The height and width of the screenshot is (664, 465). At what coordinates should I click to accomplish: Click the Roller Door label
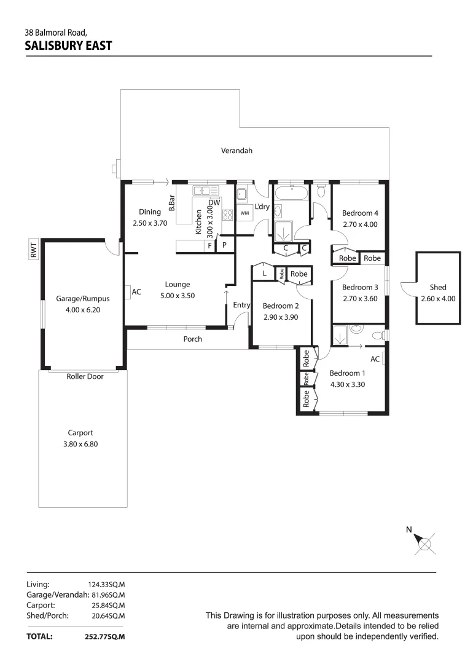(x=85, y=376)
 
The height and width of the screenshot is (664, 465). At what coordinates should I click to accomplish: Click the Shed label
(x=438, y=287)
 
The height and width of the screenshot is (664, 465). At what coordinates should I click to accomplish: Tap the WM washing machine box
(x=244, y=213)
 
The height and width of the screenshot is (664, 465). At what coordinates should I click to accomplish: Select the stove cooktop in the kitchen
(x=227, y=215)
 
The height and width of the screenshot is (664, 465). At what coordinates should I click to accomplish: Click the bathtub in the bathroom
(x=291, y=195)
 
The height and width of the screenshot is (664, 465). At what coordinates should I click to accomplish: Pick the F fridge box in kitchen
(x=210, y=246)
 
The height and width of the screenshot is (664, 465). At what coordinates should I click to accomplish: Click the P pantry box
(x=225, y=246)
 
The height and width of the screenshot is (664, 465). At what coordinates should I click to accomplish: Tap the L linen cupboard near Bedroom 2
(x=264, y=273)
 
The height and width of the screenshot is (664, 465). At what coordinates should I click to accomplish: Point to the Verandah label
(x=236, y=151)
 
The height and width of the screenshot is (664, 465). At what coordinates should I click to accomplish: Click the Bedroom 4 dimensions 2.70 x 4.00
(x=360, y=224)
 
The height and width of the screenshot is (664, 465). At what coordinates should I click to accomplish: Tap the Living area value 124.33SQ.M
(x=107, y=584)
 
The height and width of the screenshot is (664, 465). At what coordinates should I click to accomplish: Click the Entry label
(x=241, y=305)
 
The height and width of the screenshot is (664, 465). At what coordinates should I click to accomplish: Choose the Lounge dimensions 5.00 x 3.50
(x=177, y=296)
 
